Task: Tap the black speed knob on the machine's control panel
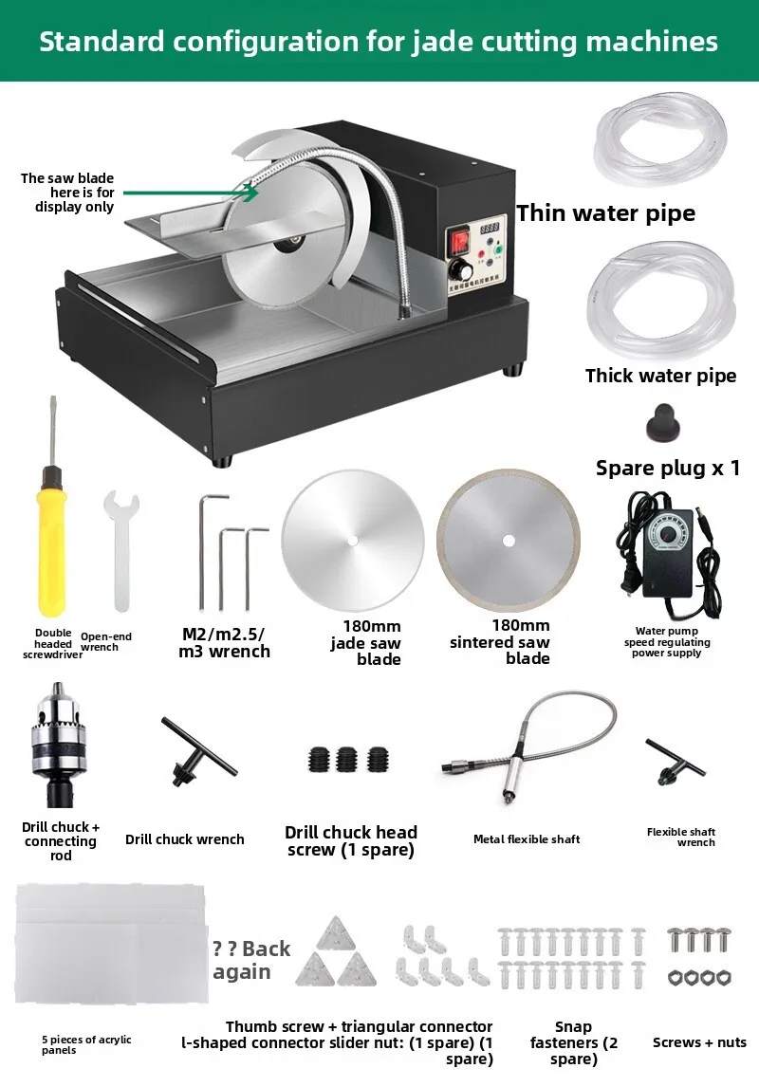click(x=459, y=269)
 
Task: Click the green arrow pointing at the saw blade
click(x=191, y=193)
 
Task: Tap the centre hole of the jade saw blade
click(x=353, y=540)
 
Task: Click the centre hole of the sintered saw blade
click(x=509, y=541)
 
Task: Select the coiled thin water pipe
click(x=660, y=140)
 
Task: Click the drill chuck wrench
click(x=198, y=752)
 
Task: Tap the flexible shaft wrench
click(x=675, y=762)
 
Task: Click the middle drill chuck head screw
click(x=346, y=760)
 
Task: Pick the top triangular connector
click(x=336, y=934)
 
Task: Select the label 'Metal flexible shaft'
click(x=527, y=838)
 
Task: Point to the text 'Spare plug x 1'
click(x=668, y=468)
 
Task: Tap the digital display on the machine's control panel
click(x=491, y=228)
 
